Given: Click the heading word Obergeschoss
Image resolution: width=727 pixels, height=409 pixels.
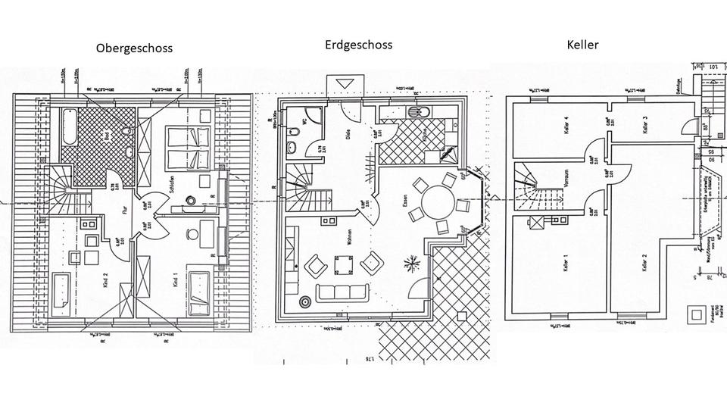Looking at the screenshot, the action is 134,48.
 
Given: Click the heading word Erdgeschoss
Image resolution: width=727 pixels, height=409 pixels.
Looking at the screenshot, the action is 357,45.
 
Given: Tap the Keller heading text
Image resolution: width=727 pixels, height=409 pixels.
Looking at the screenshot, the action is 582,45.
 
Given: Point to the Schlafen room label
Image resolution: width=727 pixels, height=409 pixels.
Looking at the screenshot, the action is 173,186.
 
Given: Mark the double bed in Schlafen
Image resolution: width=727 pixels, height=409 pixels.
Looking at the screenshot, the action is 186,148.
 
